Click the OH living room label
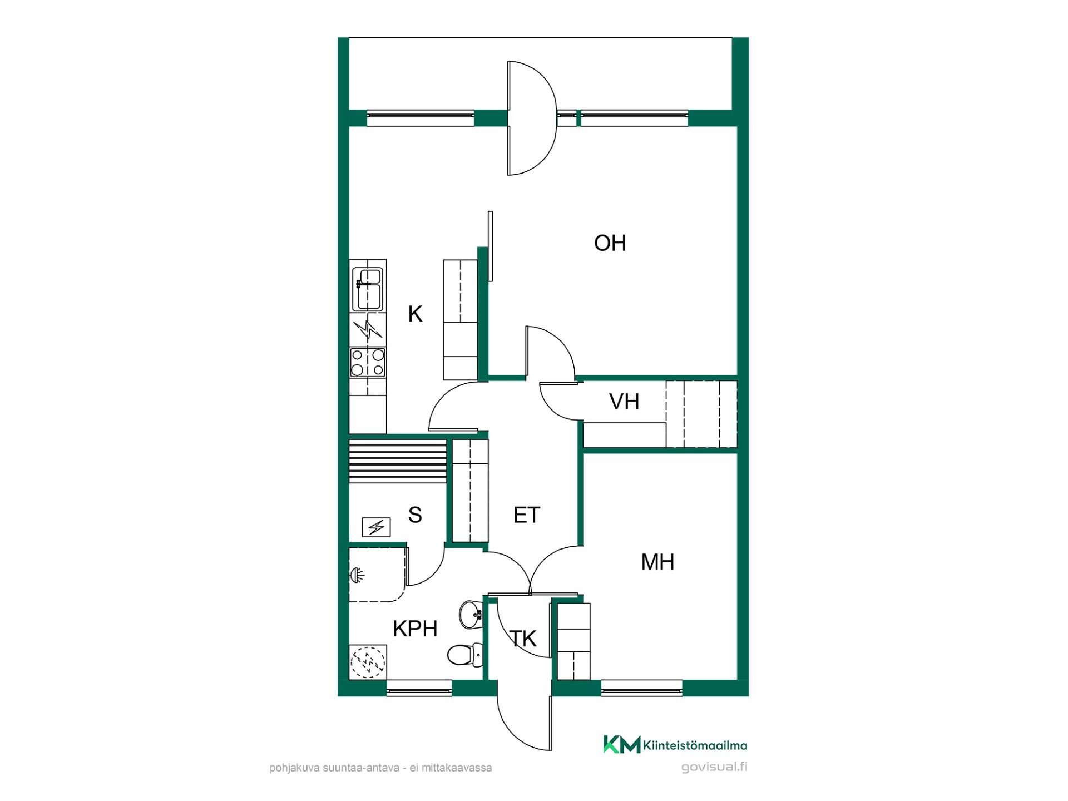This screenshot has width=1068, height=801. point(610,243)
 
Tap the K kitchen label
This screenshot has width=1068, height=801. point(415,314)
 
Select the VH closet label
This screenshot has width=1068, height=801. point(624,402)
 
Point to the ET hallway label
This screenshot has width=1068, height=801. point(527,515)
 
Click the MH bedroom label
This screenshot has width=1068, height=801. point(657,562)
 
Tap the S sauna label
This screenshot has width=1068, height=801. point(415,515)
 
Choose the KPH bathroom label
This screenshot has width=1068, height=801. point(415,629)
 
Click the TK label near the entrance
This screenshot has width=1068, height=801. point(523,639)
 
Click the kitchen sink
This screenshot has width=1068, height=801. point(368,289)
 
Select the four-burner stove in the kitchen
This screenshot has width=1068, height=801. point(368,362)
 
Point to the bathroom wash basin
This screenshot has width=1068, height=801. point(471,614)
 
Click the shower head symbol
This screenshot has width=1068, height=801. point(356,575)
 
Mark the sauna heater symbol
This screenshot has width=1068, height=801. point(376,527)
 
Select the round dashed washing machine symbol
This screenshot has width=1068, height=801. point(368,662)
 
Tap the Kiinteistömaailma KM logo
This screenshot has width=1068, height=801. point(675,745)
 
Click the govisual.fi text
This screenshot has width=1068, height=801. point(714,767)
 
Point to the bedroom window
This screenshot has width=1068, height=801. point(642,688)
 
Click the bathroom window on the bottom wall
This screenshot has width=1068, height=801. point(419,688)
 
